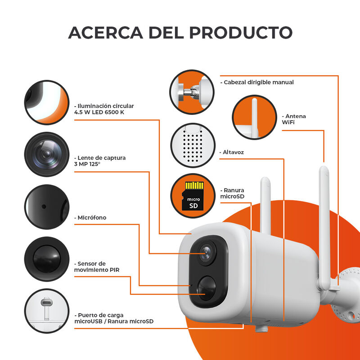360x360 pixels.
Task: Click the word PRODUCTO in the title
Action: (240, 32)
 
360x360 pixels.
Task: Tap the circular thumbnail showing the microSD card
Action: (192, 196)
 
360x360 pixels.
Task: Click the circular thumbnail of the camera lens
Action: (47, 154)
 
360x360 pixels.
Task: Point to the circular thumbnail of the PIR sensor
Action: (47, 256)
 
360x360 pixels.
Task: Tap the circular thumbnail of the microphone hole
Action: (47, 206)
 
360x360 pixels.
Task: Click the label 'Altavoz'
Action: (233, 153)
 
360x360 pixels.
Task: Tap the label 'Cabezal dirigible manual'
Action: (257, 82)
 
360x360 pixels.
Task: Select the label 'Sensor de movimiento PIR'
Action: (96, 266)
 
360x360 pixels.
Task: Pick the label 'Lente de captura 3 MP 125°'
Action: (99, 161)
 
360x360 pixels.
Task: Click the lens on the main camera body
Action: (206, 252)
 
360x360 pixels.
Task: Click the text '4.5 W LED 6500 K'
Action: (99, 112)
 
